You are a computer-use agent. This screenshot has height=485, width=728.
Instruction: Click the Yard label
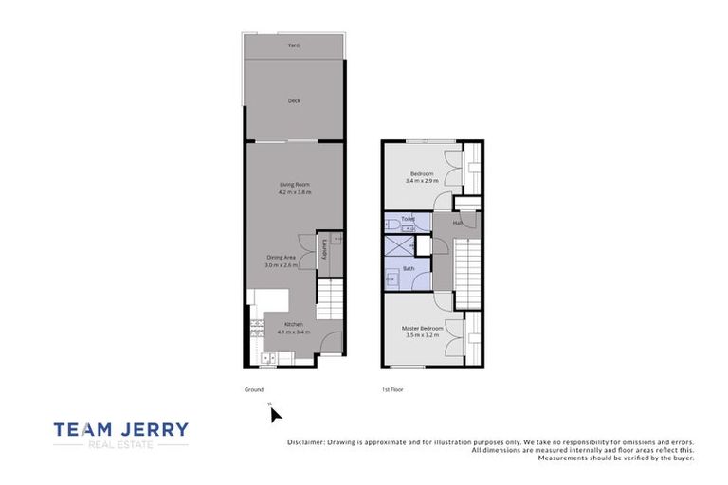pyautogui.click(x=294, y=45)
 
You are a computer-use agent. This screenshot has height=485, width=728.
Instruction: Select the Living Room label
pyautogui.click(x=294, y=184)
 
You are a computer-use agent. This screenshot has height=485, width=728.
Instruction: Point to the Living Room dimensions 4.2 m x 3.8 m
pyautogui.click(x=294, y=192)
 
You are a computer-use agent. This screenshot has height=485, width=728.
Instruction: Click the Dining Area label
pyautogui.click(x=282, y=257)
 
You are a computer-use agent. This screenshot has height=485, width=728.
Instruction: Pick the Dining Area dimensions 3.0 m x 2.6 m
pyautogui.click(x=282, y=265)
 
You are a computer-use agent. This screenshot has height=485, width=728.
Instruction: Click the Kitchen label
pyautogui.click(x=293, y=325)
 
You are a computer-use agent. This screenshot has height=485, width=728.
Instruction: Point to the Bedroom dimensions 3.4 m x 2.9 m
pyautogui.click(x=422, y=182)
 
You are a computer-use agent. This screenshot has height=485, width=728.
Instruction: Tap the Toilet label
pyautogui.click(x=408, y=219)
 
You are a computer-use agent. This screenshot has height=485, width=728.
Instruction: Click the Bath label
pyautogui.click(x=409, y=268)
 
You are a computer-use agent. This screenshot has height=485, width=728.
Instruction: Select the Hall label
pyautogui.click(x=457, y=223)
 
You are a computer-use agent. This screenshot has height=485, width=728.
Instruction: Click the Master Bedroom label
pyautogui.click(x=423, y=328)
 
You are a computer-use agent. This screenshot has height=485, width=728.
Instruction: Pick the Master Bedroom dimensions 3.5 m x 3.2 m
pyautogui.click(x=423, y=335)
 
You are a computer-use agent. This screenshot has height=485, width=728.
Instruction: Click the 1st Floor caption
pyautogui.click(x=393, y=389)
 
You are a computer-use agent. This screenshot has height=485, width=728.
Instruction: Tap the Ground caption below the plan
pyautogui.click(x=254, y=389)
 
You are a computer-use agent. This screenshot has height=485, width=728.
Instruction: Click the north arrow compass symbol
pyautogui.click(x=274, y=413)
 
